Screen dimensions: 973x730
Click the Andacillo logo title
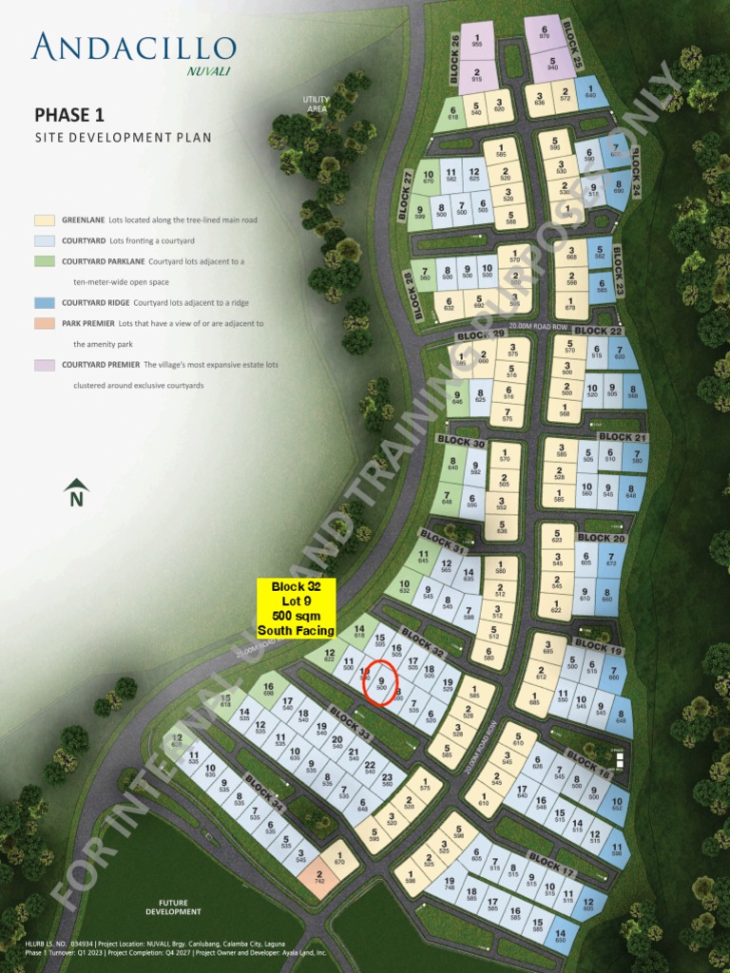(133, 48)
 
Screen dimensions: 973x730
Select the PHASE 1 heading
(69, 115)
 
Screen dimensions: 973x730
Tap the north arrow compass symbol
(76, 492)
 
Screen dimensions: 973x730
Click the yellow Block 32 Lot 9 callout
(297, 608)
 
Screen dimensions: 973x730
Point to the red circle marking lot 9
(381, 682)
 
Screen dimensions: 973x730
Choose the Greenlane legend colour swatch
(44, 219)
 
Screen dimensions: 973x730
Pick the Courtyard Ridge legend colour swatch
(44, 303)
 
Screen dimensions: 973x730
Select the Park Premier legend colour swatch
(44, 324)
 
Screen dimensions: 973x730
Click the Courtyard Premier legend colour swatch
(44, 365)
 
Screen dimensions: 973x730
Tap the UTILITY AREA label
(317, 104)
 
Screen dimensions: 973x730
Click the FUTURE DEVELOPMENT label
(173, 907)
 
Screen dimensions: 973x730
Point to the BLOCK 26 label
(454, 56)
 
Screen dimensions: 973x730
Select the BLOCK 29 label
(480, 335)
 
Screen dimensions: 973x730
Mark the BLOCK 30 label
(460, 442)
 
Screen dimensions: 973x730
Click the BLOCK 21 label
(623, 437)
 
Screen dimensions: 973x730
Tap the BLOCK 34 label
(264, 790)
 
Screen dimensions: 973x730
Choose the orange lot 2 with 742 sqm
(319, 878)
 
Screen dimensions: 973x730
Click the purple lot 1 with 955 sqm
(476, 41)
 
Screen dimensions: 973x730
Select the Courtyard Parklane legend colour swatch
(44, 261)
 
